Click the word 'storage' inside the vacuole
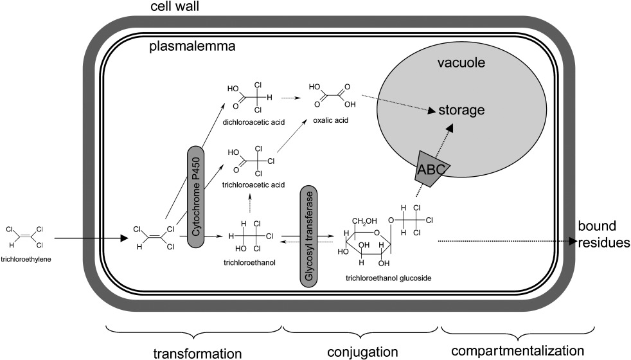coord(461,111)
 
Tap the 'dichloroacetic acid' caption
coord(253,120)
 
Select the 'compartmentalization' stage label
coord(518,351)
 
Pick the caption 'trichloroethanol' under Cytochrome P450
coord(245,262)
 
